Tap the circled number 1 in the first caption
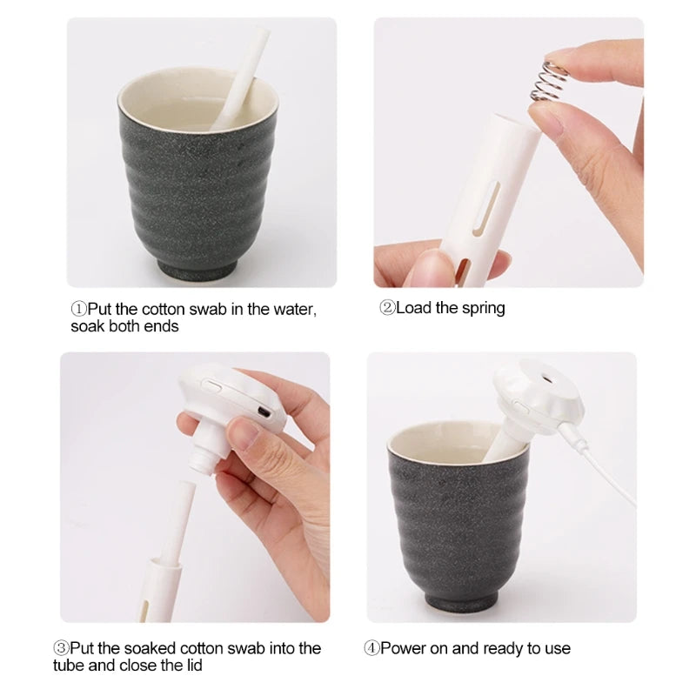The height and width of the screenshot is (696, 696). click(77, 309)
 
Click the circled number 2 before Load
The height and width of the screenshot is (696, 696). click(387, 308)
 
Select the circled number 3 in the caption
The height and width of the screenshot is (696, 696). click(62, 648)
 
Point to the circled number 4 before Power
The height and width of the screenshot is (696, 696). click(372, 648)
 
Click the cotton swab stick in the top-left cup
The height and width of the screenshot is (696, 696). click(239, 78)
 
